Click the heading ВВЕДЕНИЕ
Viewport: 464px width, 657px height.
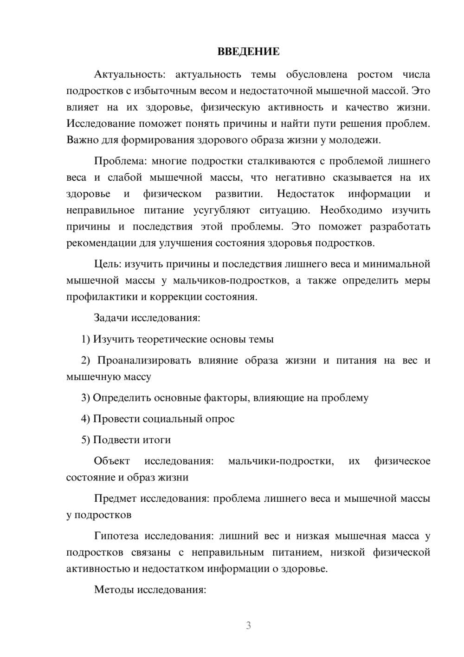(248, 52)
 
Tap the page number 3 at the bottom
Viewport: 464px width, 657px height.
(248, 625)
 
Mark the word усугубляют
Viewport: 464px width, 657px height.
(221, 210)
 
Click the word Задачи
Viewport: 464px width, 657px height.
(111, 318)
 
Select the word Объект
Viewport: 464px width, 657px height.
(112, 461)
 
